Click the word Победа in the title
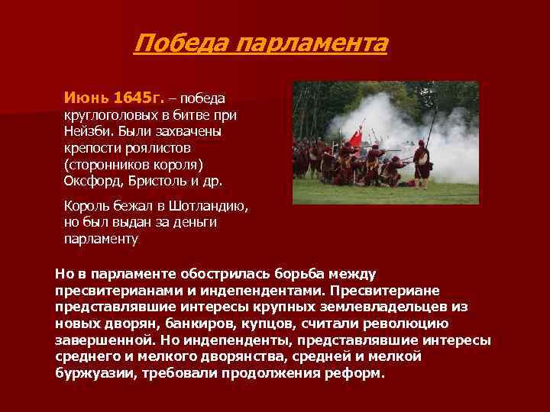point(180,43)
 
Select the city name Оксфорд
point(91,182)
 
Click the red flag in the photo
point(354,138)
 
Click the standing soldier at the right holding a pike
point(421,160)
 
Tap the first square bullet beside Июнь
point(57,99)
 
